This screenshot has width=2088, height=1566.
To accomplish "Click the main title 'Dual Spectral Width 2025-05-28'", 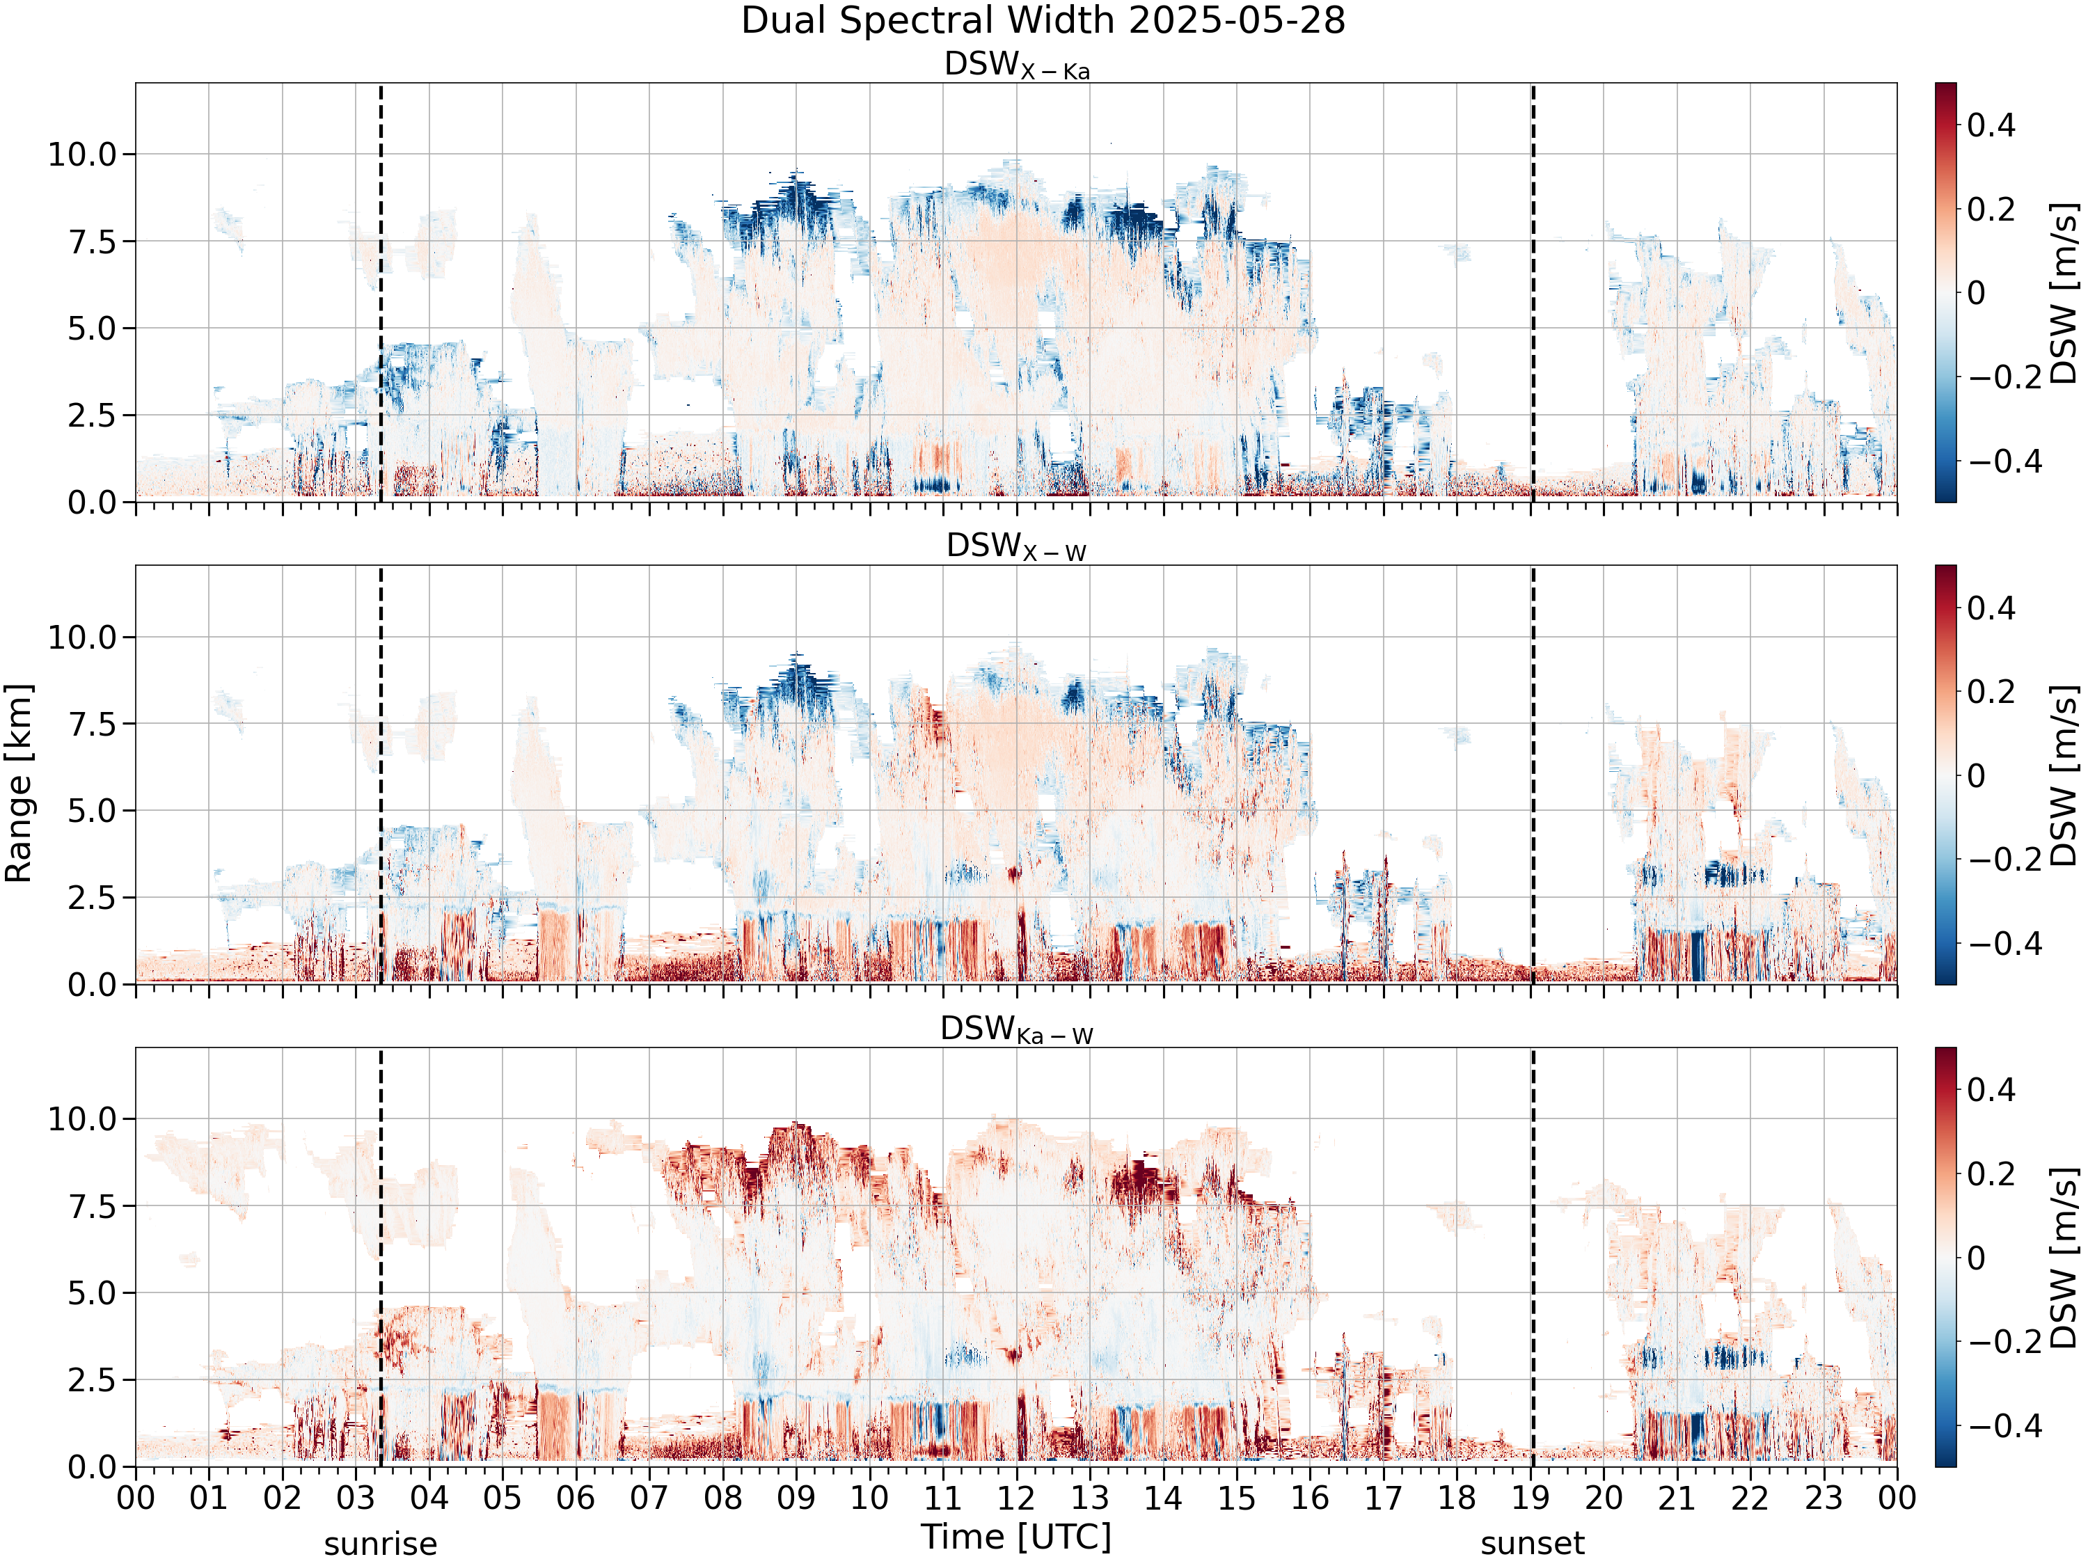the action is pyautogui.click(x=1043, y=21).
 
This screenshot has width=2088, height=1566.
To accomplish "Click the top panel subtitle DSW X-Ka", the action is pyautogui.click(x=1017, y=65).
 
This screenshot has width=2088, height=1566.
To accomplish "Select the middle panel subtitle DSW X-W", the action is pyautogui.click(x=1017, y=548).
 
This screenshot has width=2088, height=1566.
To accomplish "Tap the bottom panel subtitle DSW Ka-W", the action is pyautogui.click(x=1017, y=1030).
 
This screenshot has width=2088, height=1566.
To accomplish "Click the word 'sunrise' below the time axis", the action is pyautogui.click(x=381, y=1544).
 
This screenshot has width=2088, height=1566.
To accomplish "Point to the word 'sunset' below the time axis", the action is pyautogui.click(x=1532, y=1544).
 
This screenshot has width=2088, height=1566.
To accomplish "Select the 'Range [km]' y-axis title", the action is pyautogui.click(x=19, y=784).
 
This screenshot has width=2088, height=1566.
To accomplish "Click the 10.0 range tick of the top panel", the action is pyautogui.click(x=82, y=154).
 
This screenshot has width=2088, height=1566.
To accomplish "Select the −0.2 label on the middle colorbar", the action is pyautogui.click(x=2005, y=860).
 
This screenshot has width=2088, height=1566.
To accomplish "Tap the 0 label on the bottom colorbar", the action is pyautogui.click(x=1977, y=1258).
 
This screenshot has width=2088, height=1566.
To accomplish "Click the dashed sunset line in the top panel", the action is pyautogui.click(x=1533, y=292).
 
